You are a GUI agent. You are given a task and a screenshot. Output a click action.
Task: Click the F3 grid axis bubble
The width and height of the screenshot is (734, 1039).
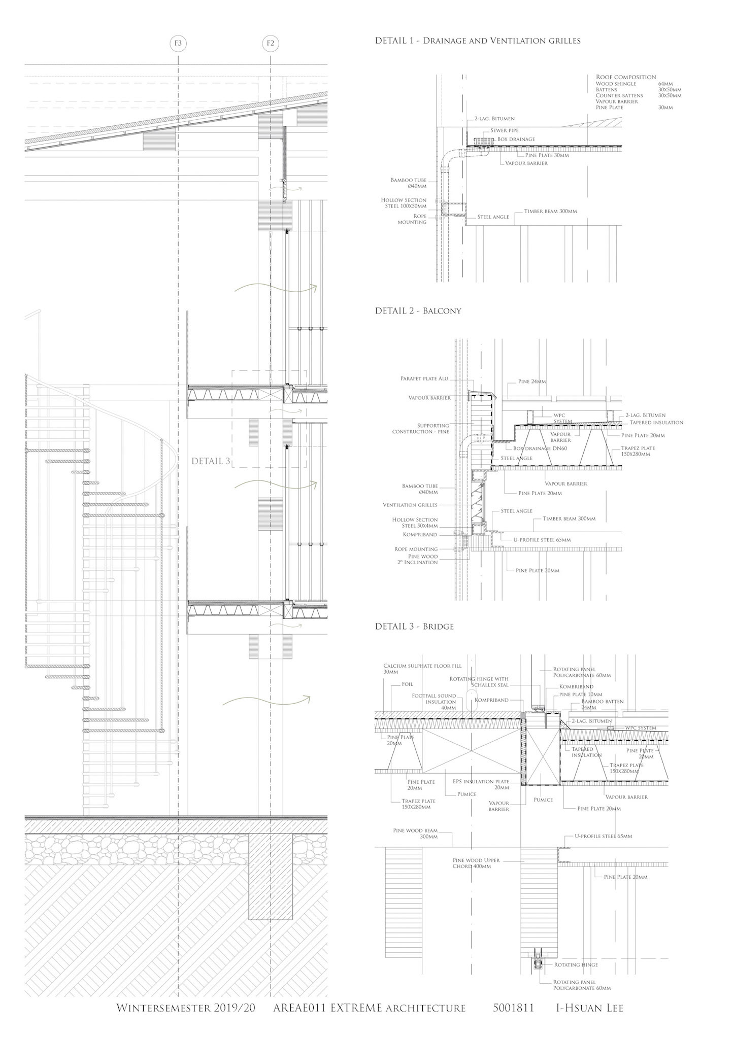[x=178, y=43]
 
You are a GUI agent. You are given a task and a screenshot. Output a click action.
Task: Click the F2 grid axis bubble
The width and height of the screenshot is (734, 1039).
[x=271, y=43]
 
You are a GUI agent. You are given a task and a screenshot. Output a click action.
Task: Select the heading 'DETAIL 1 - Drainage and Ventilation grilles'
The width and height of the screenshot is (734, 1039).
[x=477, y=41]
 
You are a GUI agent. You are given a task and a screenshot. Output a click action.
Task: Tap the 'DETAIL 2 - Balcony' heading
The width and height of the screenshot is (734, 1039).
[x=418, y=310]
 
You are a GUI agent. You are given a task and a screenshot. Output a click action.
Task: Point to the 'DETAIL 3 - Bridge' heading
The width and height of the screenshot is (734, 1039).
[x=414, y=626]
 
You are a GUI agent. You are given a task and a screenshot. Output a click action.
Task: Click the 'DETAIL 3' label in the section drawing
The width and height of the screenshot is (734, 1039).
[x=211, y=461]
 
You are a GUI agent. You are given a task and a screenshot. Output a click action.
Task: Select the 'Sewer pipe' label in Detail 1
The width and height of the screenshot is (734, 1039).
[x=504, y=130]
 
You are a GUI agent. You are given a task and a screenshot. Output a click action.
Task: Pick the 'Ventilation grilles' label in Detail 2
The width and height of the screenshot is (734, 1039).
[x=410, y=505]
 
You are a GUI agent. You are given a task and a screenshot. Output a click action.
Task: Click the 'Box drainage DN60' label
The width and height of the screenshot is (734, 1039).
[x=530, y=448]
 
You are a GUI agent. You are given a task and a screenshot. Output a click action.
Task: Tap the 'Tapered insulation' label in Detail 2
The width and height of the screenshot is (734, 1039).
[x=656, y=422]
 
